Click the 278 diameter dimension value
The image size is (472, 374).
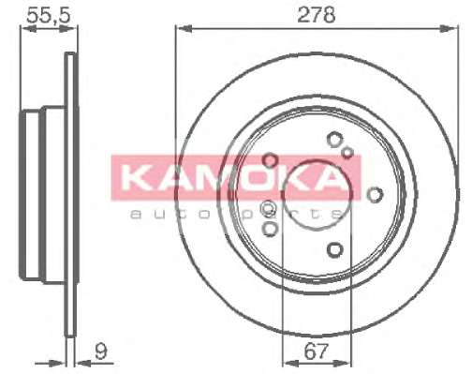[x=317, y=15]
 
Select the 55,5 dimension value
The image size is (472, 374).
[x=49, y=15]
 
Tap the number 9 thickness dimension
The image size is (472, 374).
[x=101, y=352]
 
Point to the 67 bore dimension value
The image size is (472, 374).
[x=317, y=352]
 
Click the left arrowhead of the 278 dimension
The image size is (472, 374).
[x=183, y=29]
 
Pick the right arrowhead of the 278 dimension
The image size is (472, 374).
[x=450, y=29]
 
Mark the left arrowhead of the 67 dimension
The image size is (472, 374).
[x=289, y=363]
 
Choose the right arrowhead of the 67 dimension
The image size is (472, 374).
[x=343, y=363]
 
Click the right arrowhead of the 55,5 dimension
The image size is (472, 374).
[x=69, y=29]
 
